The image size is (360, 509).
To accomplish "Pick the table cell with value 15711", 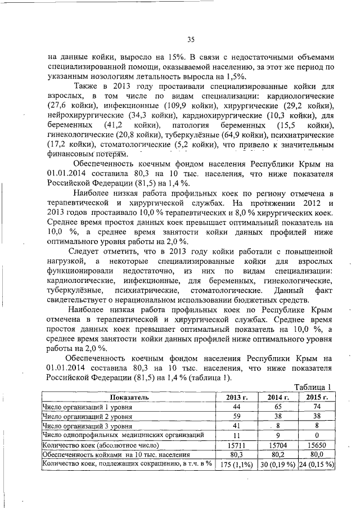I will pyautogui.click(x=233, y=444).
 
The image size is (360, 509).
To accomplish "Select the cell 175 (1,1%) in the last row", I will pyautogui.click(x=233, y=464).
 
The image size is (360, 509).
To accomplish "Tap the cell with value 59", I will pyautogui.click(x=233, y=416).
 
